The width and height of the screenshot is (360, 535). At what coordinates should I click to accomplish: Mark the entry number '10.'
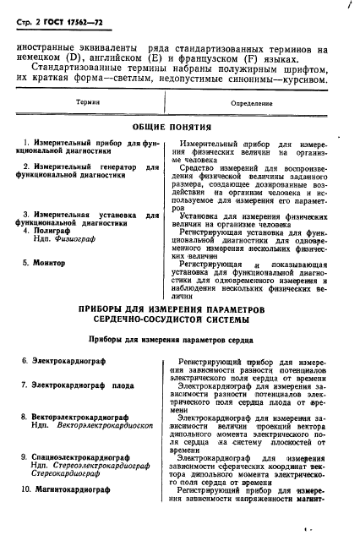(x=25, y=489)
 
